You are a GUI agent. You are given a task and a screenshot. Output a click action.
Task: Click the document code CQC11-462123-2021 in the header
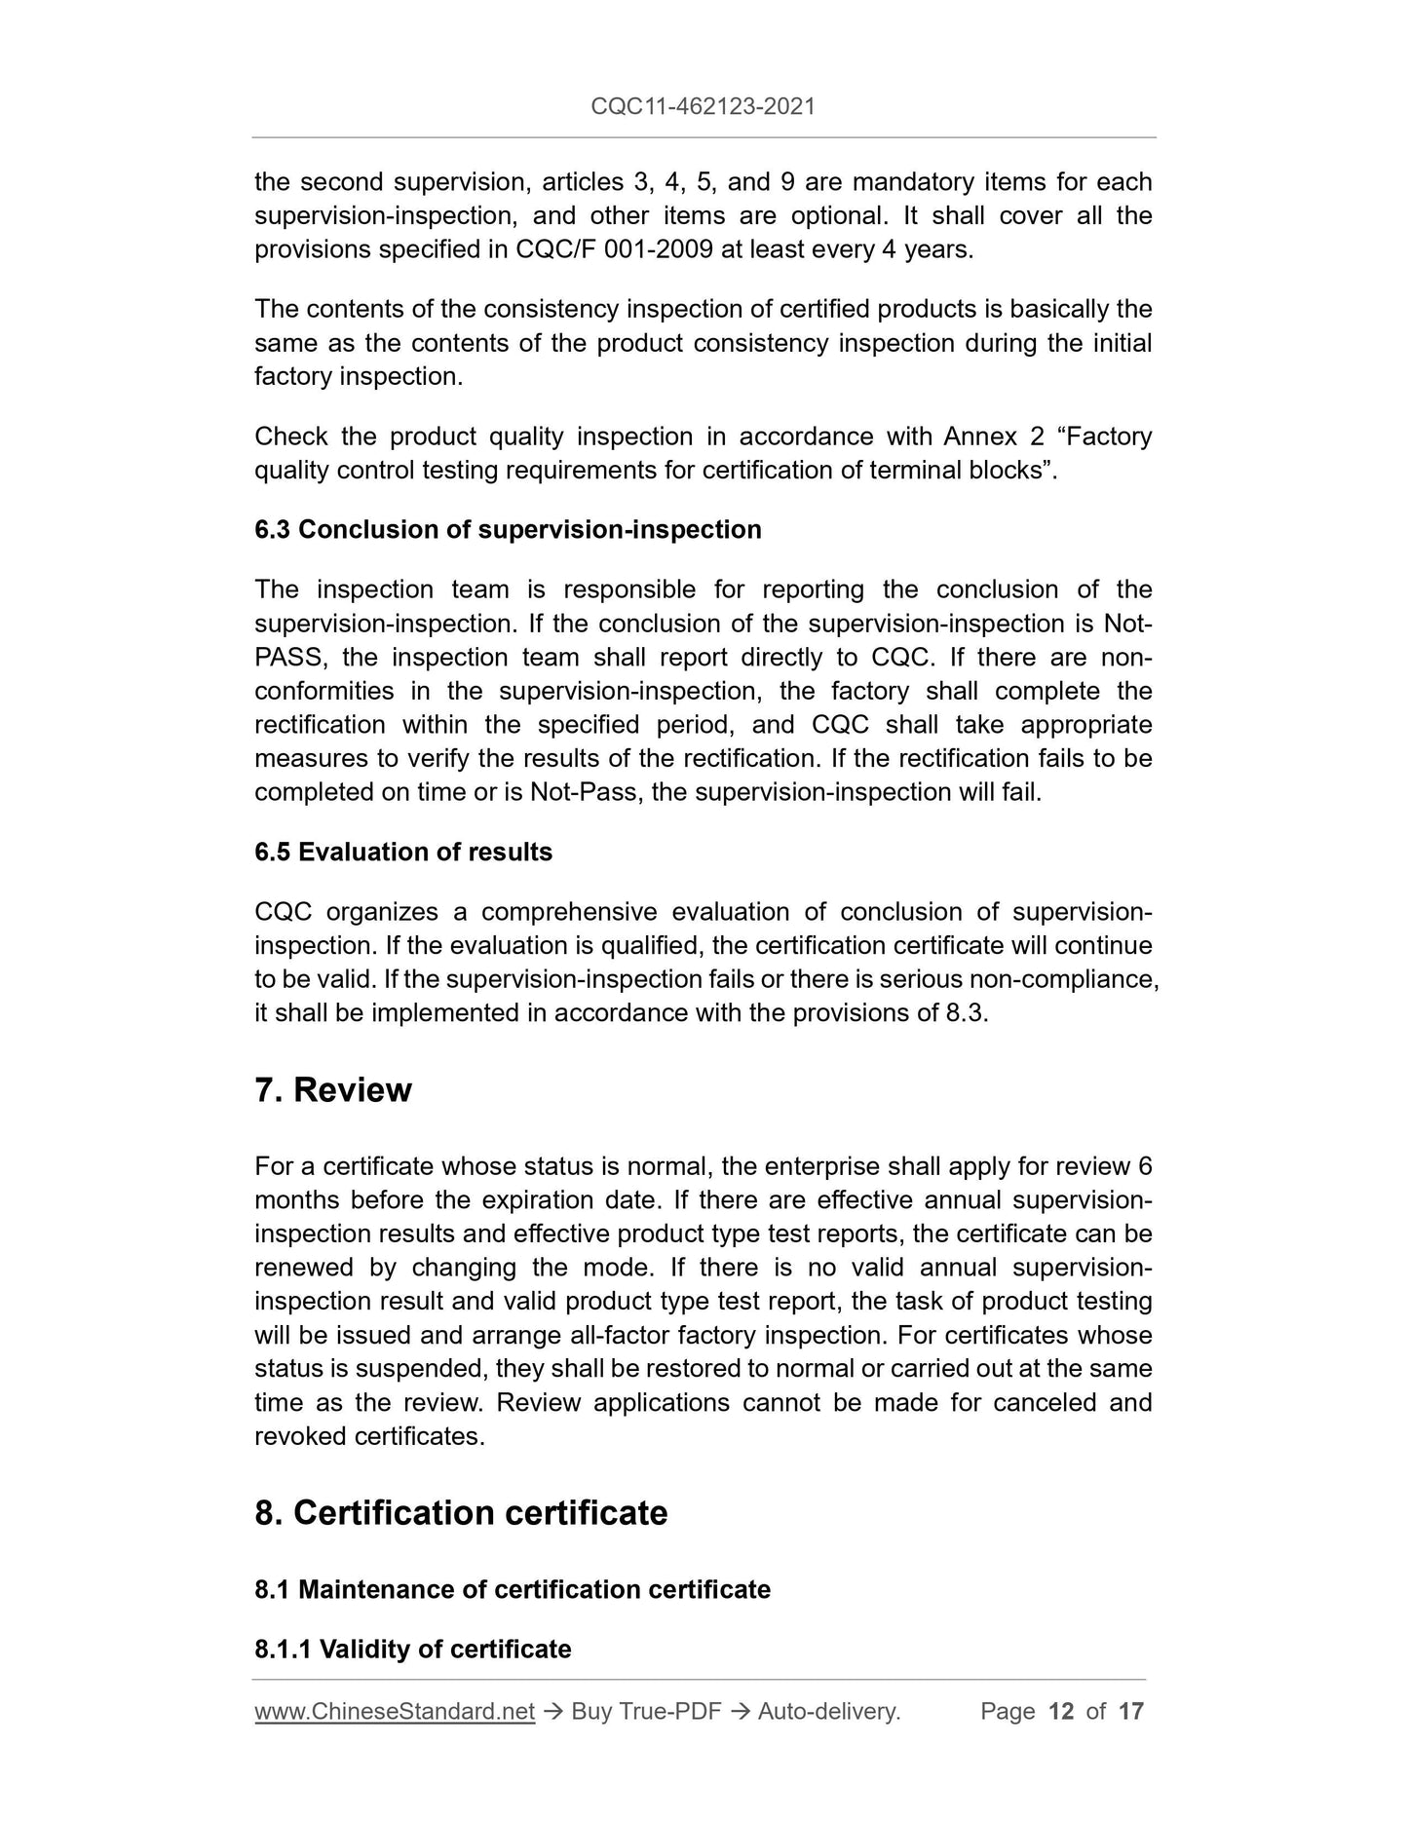[x=703, y=106]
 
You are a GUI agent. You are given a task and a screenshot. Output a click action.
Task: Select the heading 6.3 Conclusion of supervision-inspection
[x=508, y=530]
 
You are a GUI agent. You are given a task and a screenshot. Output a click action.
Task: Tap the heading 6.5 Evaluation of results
[x=403, y=853]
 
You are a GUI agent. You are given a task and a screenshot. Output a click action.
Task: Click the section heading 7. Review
[x=333, y=1090]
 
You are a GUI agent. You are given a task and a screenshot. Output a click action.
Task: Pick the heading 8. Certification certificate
[x=461, y=1513]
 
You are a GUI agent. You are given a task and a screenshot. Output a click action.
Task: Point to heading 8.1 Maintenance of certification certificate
[x=513, y=1590]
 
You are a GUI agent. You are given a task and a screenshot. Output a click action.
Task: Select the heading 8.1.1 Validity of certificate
[x=413, y=1650]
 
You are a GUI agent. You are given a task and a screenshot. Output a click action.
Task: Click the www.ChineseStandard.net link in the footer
[x=395, y=1712]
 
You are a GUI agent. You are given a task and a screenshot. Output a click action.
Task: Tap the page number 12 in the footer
[x=1060, y=1712]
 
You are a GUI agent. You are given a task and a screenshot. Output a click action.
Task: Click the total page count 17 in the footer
[x=1130, y=1712]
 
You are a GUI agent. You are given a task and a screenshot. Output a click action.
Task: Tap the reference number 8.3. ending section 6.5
[x=967, y=1013]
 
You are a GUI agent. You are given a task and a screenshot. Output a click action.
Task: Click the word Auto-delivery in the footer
[x=828, y=1712]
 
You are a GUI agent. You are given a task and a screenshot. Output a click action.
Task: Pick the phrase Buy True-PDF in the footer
[x=646, y=1712]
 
